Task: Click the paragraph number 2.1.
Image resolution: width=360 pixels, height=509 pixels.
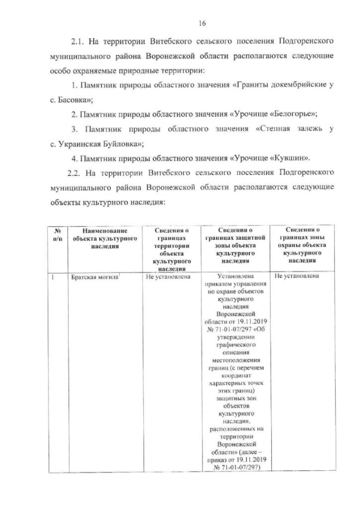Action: click(78, 43)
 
